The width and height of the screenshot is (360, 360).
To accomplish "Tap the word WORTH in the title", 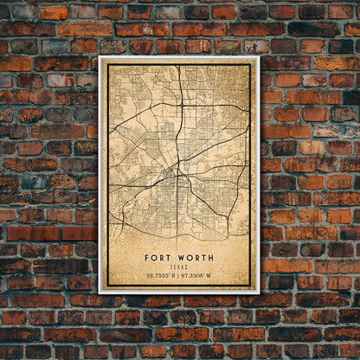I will click(x=195, y=257).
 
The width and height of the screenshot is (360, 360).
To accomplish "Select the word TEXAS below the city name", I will click(x=178, y=267).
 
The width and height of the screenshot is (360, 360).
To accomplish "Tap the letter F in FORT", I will click(x=147, y=257).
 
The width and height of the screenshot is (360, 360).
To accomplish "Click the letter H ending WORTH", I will click(x=211, y=257).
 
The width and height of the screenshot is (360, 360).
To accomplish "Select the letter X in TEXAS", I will click(x=178, y=267).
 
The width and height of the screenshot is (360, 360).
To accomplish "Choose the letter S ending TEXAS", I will click(x=186, y=267).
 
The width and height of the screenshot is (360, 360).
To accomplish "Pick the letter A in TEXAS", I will click(x=183, y=267).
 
